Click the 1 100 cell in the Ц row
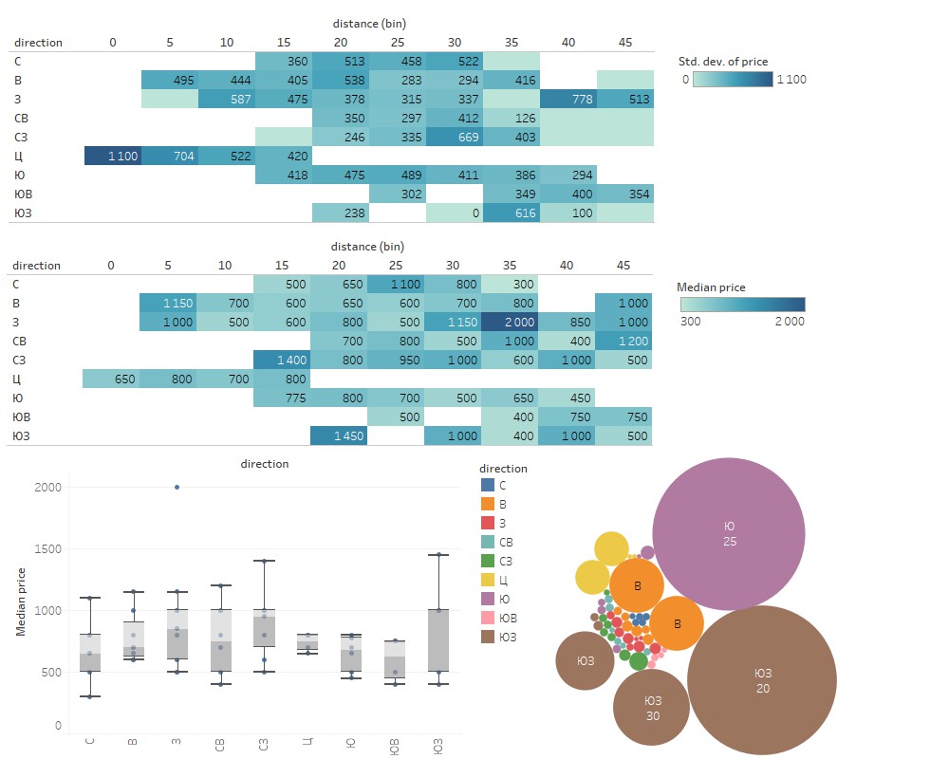pyautogui.click(x=113, y=156)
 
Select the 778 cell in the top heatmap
pyautogui.click(x=568, y=99)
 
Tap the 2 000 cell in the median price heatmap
pyautogui.click(x=511, y=322)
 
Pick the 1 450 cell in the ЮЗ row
pyautogui.click(x=340, y=435)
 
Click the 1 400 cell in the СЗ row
pyautogui.click(x=283, y=360)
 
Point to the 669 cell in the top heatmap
pyautogui.click(x=454, y=137)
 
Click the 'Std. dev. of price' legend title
pyautogui.click(x=722, y=63)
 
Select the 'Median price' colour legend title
pyautogui.click(x=711, y=287)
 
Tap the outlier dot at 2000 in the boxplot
pyautogui.click(x=177, y=488)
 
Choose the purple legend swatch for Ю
pyautogui.click(x=488, y=599)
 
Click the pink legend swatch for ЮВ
pyautogui.click(x=488, y=618)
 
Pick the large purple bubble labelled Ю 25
pyautogui.click(x=729, y=533)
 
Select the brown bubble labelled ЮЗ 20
pyautogui.click(x=762, y=680)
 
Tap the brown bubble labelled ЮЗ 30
pyautogui.click(x=652, y=708)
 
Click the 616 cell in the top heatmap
pyautogui.click(x=511, y=213)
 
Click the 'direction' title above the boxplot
pyautogui.click(x=266, y=464)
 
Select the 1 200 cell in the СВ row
pyautogui.click(x=624, y=341)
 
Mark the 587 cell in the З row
pyautogui.click(x=226, y=99)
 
